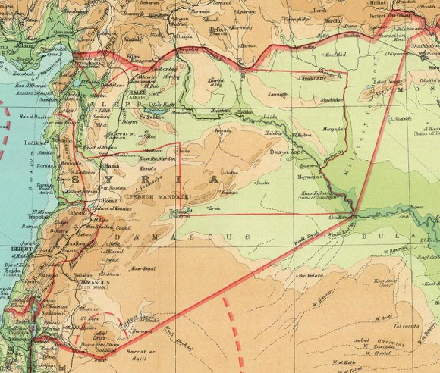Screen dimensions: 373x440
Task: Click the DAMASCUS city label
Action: point(94,282)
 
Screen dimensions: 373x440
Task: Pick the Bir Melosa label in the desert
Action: point(311,276)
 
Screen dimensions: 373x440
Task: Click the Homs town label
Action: point(90,201)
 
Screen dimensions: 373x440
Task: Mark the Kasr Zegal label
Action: point(143,268)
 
